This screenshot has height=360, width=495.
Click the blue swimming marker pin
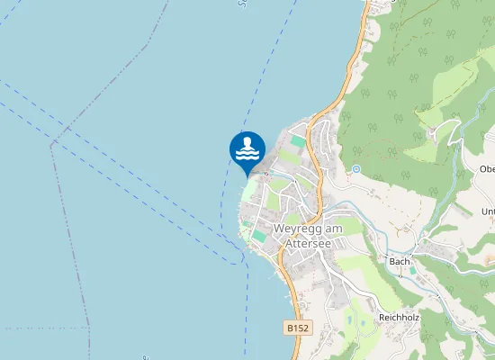[247, 150]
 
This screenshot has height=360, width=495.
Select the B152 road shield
[298, 329]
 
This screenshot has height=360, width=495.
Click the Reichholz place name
[400, 317]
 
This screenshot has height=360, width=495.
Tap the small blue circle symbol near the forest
[356, 168]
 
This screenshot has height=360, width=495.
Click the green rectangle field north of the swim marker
[297, 141]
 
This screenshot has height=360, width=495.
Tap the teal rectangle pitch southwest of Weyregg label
[259, 235]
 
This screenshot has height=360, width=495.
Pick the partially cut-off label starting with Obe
[486, 169]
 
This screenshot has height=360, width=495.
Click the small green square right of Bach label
[413, 270]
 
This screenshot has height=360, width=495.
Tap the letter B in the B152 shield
[291, 329]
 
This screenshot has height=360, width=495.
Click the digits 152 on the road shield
[301, 329]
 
